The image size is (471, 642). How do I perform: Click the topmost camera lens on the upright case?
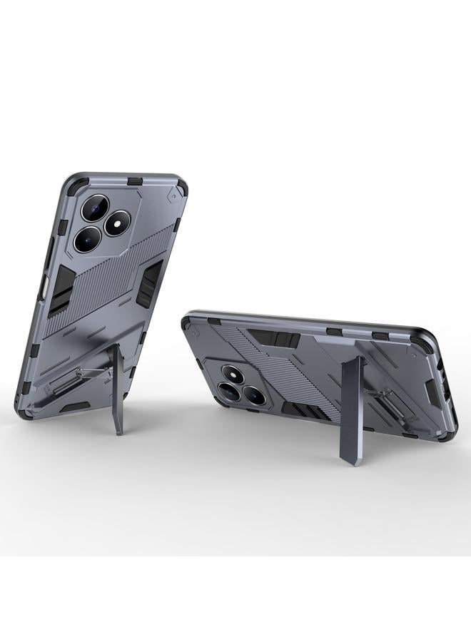coord(94,208)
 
